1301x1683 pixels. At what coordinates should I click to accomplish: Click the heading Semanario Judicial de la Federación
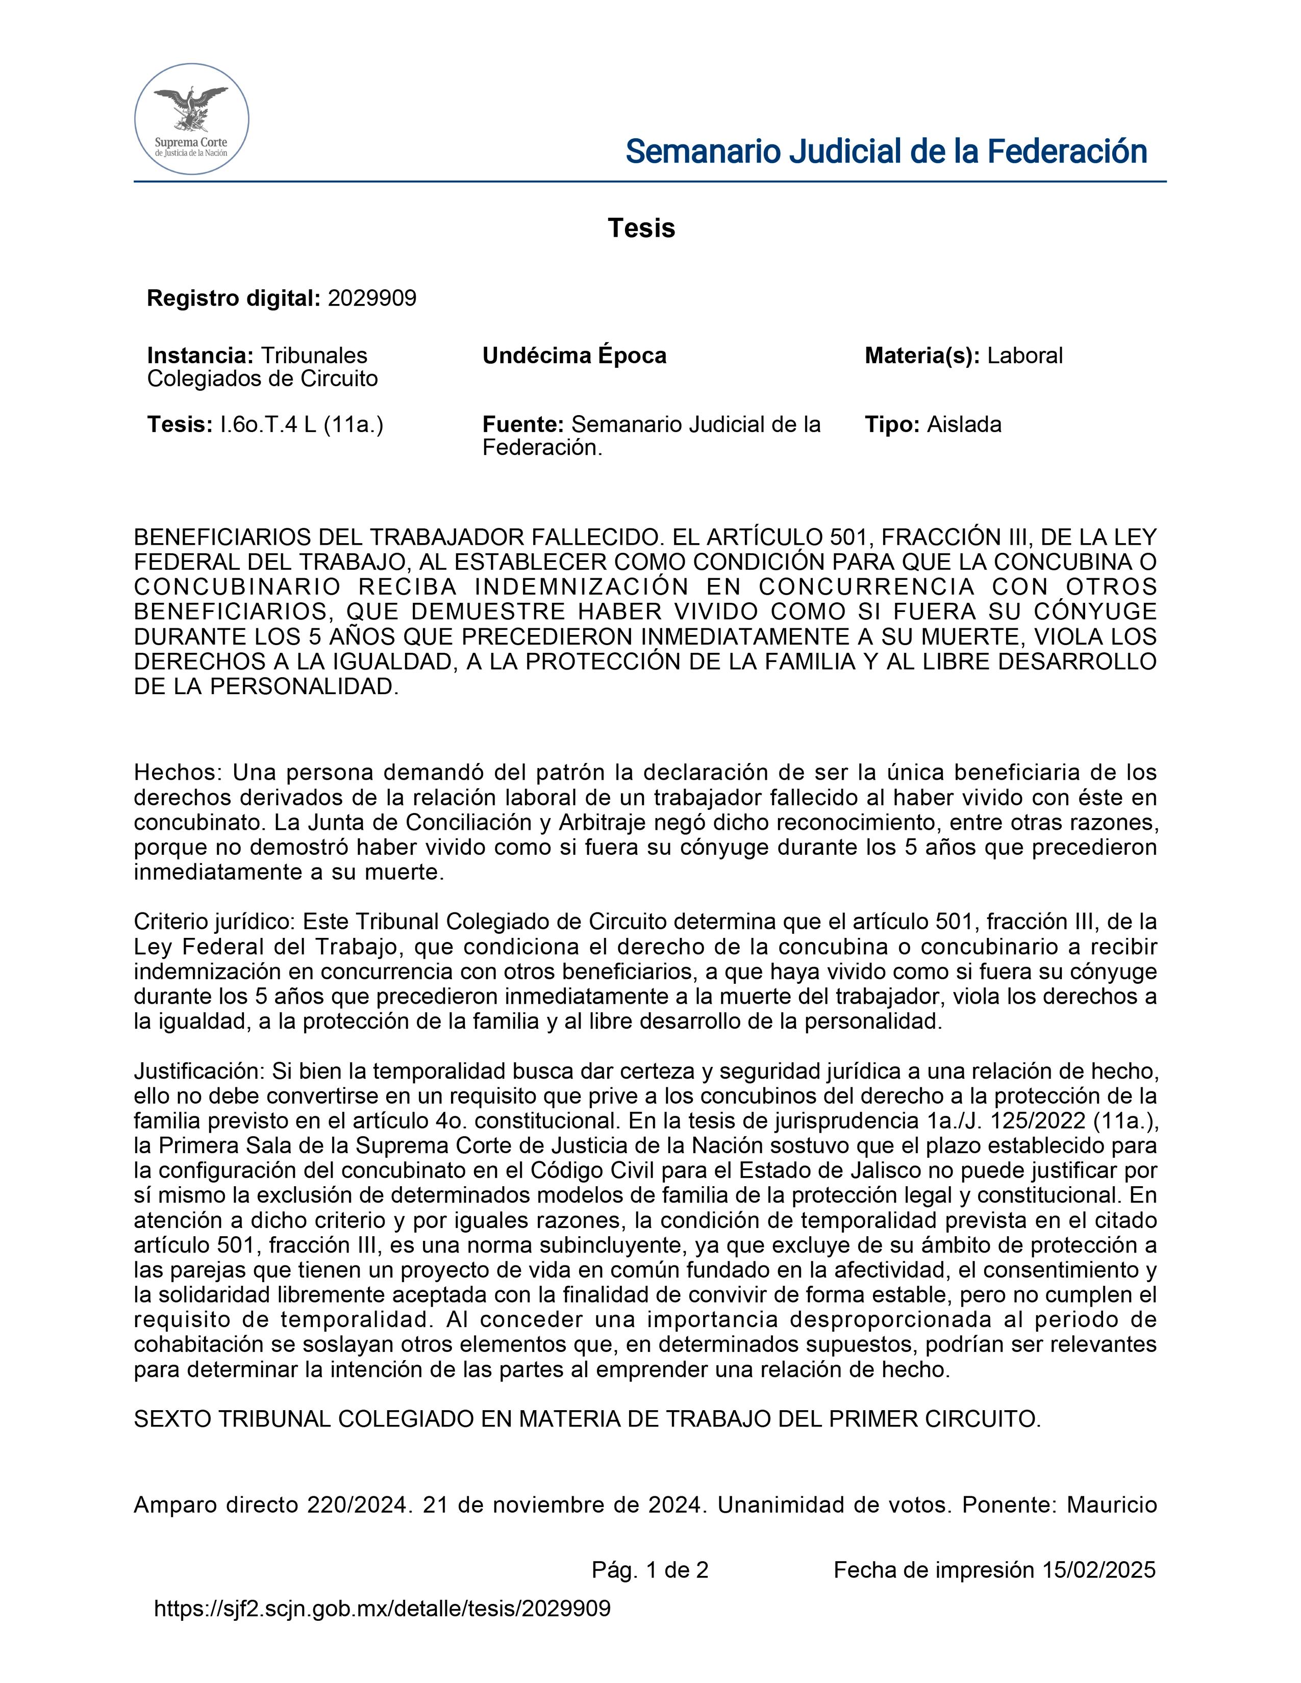[886, 152]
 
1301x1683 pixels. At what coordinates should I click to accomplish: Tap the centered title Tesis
[641, 228]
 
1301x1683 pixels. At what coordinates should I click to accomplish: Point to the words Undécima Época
[574, 356]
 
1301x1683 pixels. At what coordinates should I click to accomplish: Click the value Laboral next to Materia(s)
[1024, 356]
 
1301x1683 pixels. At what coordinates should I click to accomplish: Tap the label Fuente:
[523, 425]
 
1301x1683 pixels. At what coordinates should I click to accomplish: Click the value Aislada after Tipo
[963, 425]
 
